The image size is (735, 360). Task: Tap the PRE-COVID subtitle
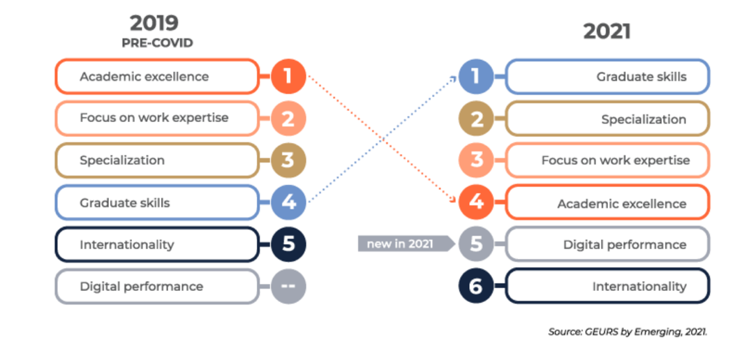click(x=157, y=43)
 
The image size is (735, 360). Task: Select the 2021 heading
click(x=607, y=31)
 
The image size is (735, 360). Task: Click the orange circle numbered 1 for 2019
click(x=288, y=77)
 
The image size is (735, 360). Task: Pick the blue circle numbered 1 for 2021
click(x=476, y=77)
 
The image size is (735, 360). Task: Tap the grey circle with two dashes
click(x=288, y=286)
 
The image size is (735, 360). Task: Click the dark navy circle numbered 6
click(x=476, y=287)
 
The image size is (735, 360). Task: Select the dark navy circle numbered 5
click(x=288, y=244)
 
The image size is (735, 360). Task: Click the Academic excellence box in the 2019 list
click(x=156, y=77)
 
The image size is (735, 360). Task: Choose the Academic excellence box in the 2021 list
click(x=607, y=203)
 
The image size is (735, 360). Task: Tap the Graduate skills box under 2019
click(x=156, y=202)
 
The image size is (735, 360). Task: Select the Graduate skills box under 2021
click(x=607, y=77)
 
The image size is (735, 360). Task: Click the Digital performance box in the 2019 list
click(x=156, y=286)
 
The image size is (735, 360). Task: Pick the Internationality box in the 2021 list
click(x=607, y=286)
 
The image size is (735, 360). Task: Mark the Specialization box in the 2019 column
click(x=156, y=160)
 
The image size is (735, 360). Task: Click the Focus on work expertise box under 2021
click(x=607, y=160)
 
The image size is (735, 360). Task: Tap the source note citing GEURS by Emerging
click(x=628, y=331)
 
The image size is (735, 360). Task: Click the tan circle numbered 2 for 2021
click(x=476, y=119)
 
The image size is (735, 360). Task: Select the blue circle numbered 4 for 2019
click(x=288, y=202)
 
